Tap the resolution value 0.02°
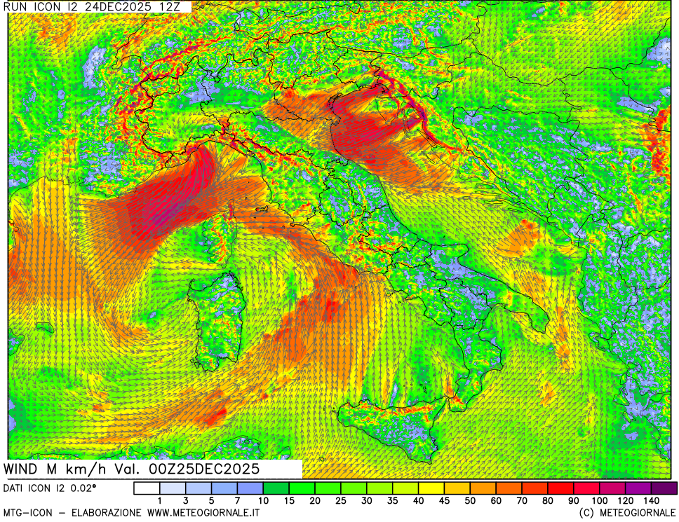(82, 488)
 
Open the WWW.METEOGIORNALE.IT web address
(203, 513)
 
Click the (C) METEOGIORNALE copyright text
(626, 513)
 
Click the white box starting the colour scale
(147, 488)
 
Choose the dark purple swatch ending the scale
(664, 488)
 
